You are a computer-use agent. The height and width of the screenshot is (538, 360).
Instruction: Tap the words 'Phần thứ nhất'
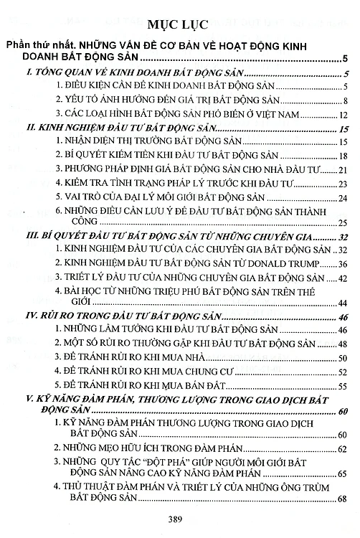37,44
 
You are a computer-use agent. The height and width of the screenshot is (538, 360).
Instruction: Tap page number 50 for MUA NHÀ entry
342,358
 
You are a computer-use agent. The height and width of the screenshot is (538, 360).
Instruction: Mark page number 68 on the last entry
342,499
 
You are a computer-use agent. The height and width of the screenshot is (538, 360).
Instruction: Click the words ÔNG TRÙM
308,486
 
